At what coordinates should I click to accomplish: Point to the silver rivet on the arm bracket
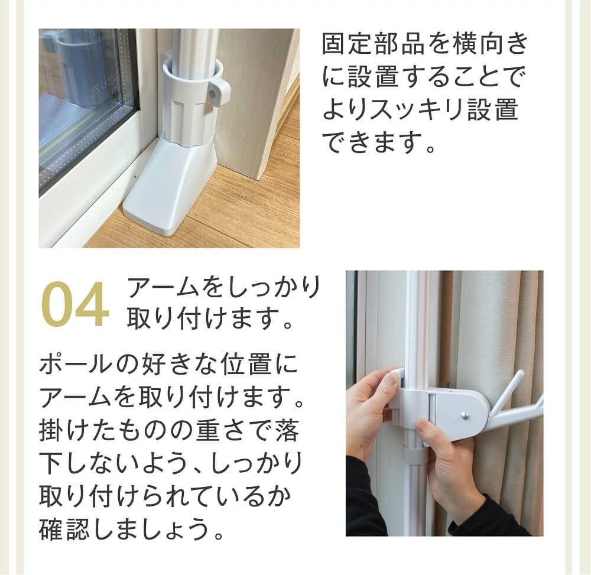point(466,414)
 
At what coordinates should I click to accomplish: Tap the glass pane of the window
point(83,106)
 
